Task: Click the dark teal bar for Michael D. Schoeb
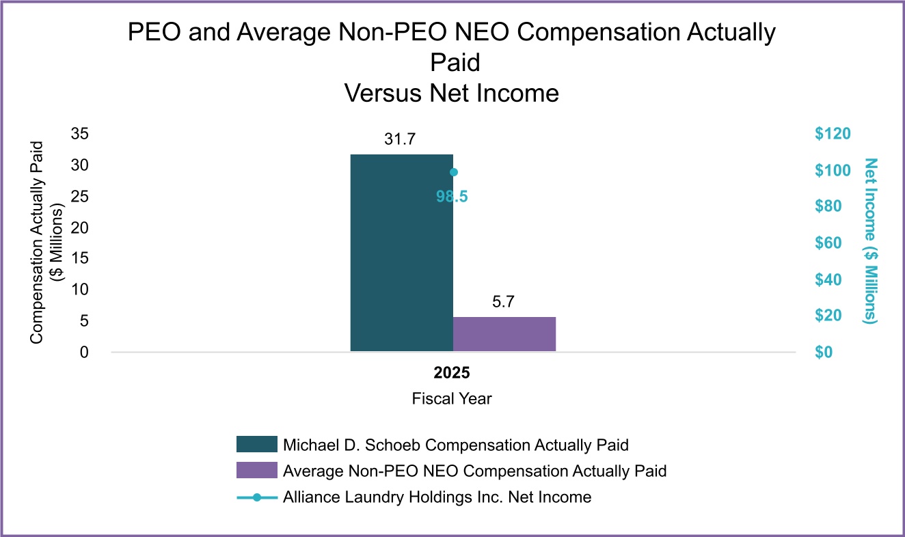pos(401,253)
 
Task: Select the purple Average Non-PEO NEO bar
pos(504,334)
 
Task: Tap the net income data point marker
pos(453,172)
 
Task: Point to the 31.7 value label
pos(401,141)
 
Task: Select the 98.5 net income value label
pos(452,197)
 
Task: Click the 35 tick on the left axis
pos(80,134)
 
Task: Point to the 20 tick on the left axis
pos(80,228)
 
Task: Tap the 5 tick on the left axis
pos(84,321)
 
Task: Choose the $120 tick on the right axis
pos(832,134)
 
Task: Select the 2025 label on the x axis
pos(452,374)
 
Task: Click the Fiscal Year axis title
pos(452,398)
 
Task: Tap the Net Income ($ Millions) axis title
pos(870,240)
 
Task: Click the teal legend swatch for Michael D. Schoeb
pos(256,444)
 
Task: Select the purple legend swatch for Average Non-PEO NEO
pos(256,471)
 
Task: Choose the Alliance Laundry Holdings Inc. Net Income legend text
pos(437,497)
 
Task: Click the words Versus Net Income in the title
pos(452,92)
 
